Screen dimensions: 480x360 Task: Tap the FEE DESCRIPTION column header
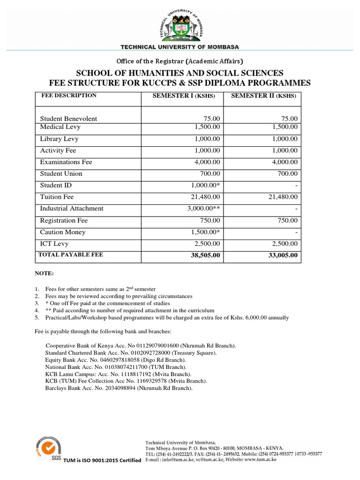click(x=69, y=96)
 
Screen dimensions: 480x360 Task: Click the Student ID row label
click(x=56, y=186)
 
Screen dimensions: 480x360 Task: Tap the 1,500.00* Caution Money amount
click(x=206, y=232)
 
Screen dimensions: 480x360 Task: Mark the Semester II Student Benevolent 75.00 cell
click(x=289, y=119)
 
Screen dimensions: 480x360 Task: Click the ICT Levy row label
click(x=54, y=244)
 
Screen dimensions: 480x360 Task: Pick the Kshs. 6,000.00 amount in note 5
click(x=249, y=317)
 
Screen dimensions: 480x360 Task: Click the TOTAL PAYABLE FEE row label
click(x=70, y=255)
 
